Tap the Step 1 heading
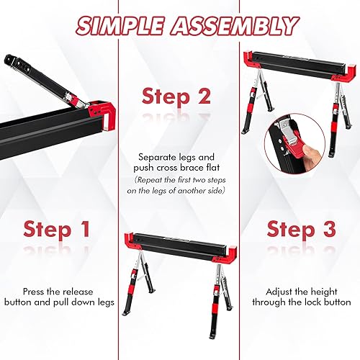(x=57, y=230)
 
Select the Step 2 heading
(x=176, y=96)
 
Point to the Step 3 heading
(x=302, y=230)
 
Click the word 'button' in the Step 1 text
(x=42, y=303)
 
